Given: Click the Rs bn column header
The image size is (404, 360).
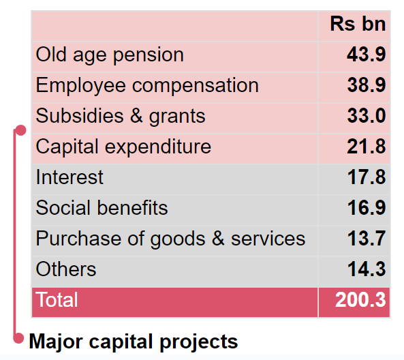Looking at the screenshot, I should coord(358,24).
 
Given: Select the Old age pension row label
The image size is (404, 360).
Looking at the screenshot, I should coord(110,55).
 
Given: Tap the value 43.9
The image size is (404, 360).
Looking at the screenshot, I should coord(367,55).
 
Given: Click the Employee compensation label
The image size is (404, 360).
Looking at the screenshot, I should coord(147,85).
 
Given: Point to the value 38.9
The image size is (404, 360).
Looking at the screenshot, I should coord(367,85).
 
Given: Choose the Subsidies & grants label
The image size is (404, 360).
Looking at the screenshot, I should coord(121,116).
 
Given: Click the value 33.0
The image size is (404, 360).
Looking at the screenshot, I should coord(367,116).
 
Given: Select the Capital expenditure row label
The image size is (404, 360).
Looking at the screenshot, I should coord(123,147).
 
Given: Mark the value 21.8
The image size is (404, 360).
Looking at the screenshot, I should coord(367,147).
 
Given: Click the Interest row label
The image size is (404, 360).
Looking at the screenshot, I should coord(69,177).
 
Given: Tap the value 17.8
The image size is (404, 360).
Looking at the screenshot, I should coord(367,177).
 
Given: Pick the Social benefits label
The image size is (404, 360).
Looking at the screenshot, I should coord(102,208).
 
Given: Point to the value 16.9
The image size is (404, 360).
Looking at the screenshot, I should coord(367,208).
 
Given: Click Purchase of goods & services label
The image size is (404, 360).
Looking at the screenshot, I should coord(170,239).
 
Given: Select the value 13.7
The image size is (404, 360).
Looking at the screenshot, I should coord(367,239).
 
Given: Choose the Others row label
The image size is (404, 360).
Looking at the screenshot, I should coord(66,269).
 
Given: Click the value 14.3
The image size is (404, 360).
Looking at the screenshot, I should coord(367,269).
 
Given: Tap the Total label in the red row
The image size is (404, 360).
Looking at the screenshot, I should coord(57,300).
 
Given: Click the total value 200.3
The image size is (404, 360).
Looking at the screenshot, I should coord(360,300).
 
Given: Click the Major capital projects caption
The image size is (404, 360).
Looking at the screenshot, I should coord(134,341).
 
